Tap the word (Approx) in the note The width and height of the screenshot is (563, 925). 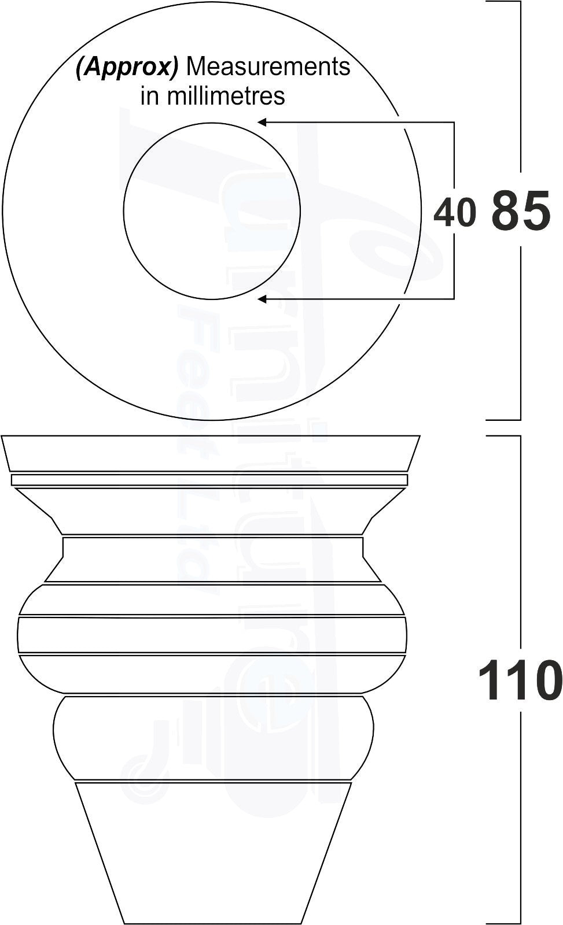[127, 68]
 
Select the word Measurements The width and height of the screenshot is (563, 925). [269, 67]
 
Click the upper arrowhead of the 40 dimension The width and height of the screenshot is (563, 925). [262, 123]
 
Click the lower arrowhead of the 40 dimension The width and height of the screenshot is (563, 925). [262, 299]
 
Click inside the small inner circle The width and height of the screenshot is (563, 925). [212, 211]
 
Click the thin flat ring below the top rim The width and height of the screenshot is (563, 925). [209, 480]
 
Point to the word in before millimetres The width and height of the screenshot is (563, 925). [149, 96]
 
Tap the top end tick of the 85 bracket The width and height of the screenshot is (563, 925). [503, 2]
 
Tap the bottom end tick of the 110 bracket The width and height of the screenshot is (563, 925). [503, 923]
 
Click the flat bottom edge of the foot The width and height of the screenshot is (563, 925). [213, 923]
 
